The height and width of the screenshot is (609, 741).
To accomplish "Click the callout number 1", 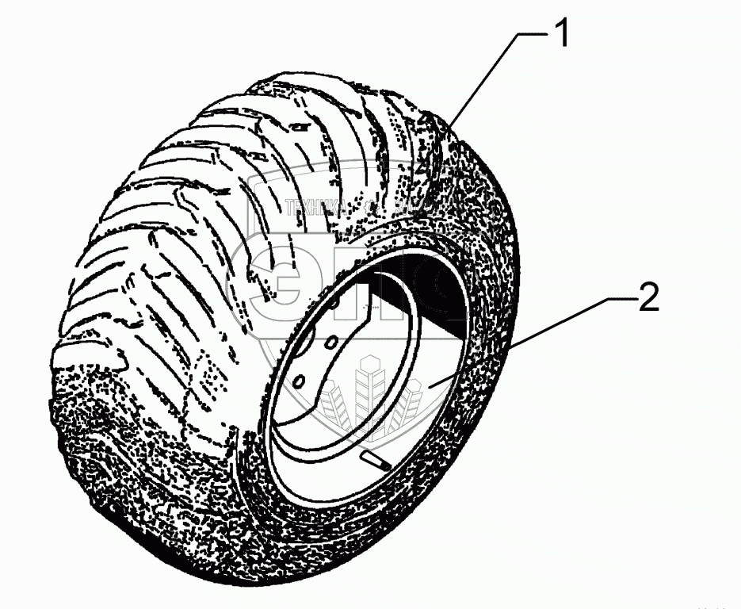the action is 561,36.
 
